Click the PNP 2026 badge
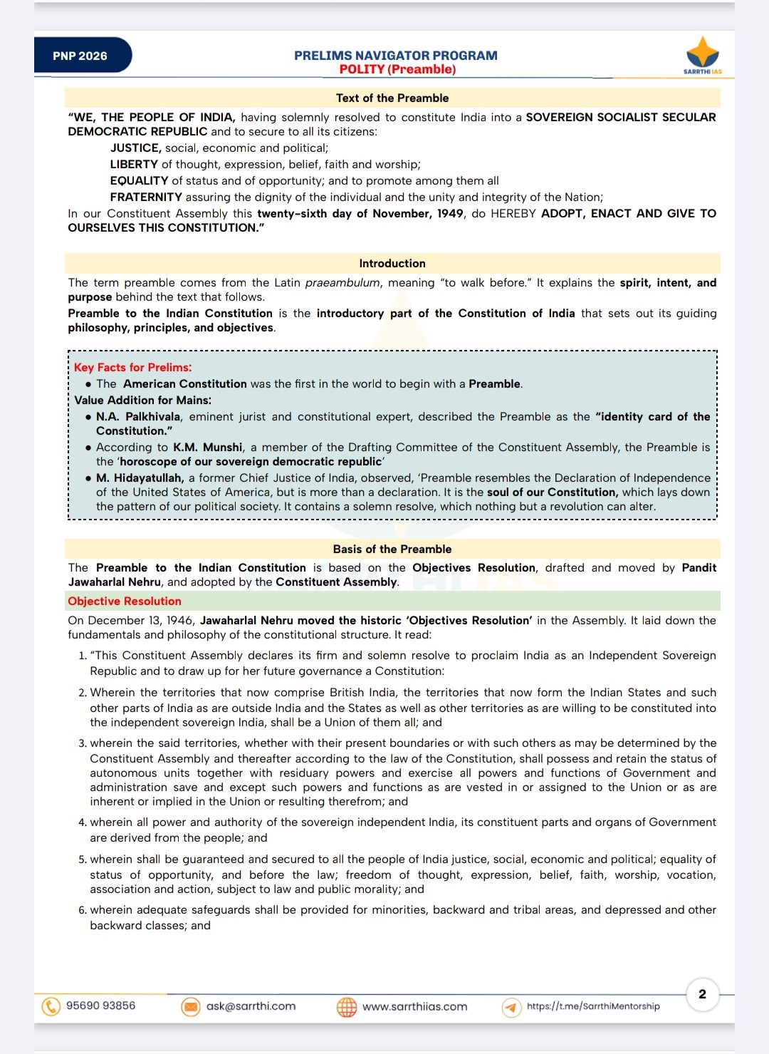point(80,56)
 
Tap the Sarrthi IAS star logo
point(702,53)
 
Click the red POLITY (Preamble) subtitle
point(397,69)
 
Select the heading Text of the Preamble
point(392,98)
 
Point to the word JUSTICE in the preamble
point(135,148)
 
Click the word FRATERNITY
point(146,197)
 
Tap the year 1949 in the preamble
point(449,213)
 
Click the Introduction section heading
point(392,263)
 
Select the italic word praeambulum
point(342,282)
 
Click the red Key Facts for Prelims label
point(132,367)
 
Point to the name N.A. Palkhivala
point(138,416)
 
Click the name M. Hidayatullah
point(140,477)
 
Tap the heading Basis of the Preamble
point(392,549)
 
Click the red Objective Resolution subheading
point(125,601)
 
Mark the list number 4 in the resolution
point(82,822)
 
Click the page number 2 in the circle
point(702,994)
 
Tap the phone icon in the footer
point(51,1006)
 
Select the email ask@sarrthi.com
point(251,1006)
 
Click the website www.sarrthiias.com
point(414,1006)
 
